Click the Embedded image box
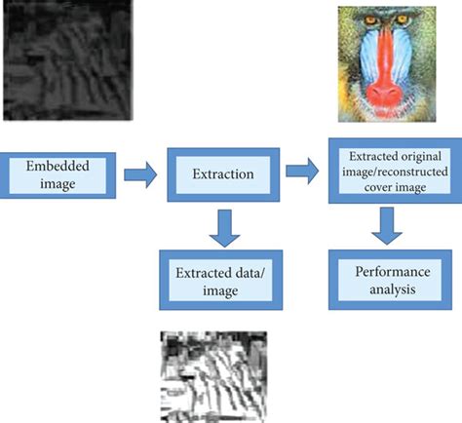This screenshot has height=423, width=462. tap(58, 175)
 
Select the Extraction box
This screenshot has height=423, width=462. tap(223, 174)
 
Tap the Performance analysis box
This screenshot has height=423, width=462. tap(390, 280)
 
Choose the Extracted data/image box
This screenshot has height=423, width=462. tap(220, 280)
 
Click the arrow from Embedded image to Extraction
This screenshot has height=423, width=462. tap(140, 174)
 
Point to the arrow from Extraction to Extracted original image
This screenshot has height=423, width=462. tap(302, 171)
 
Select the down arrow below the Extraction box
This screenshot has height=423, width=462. tap(224, 228)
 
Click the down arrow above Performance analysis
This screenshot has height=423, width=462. tap(387, 226)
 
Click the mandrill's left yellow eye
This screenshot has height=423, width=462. tap(370, 20)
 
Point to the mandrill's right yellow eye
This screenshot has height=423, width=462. tap(403, 19)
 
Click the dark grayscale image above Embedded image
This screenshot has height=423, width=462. tap(68, 60)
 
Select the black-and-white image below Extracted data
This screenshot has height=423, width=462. tap(213, 377)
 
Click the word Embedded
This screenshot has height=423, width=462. tap(58, 166)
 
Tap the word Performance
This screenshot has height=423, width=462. tap(393, 272)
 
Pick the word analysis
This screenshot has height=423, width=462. tap(393, 289)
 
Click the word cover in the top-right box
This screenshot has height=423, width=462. tap(376, 187)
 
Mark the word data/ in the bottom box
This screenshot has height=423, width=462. tap(248, 273)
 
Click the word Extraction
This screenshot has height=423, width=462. tap(223, 174)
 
